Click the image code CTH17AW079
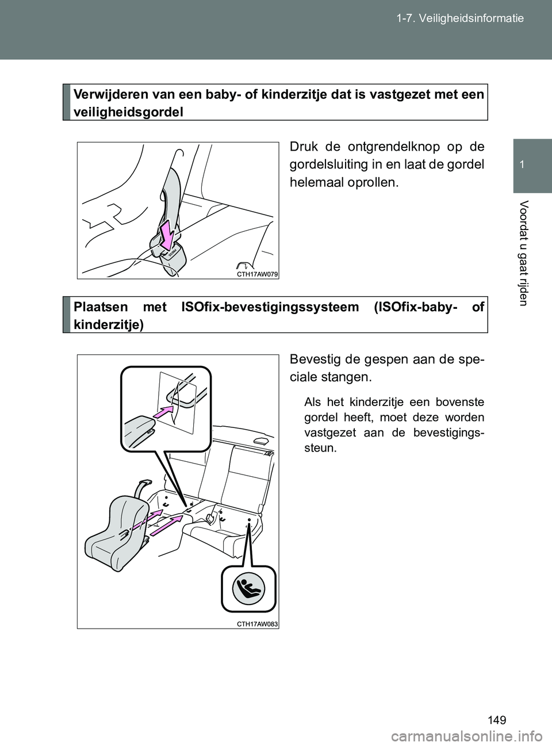[258, 275]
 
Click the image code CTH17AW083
[258, 623]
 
